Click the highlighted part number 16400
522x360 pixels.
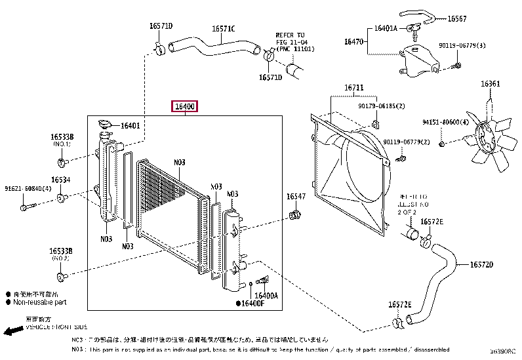tap(184, 106)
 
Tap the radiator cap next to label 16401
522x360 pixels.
tap(103, 125)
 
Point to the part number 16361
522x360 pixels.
tap(490, 84)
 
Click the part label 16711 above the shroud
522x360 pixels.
tap(354, 88)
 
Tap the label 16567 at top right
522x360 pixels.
tap(457, 18)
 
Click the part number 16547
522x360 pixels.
tap(296, 197)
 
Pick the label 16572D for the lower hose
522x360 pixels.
tap(481, 265)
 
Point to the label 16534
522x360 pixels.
tap(61, 179)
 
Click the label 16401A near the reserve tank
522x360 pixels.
tap(386, 29)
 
